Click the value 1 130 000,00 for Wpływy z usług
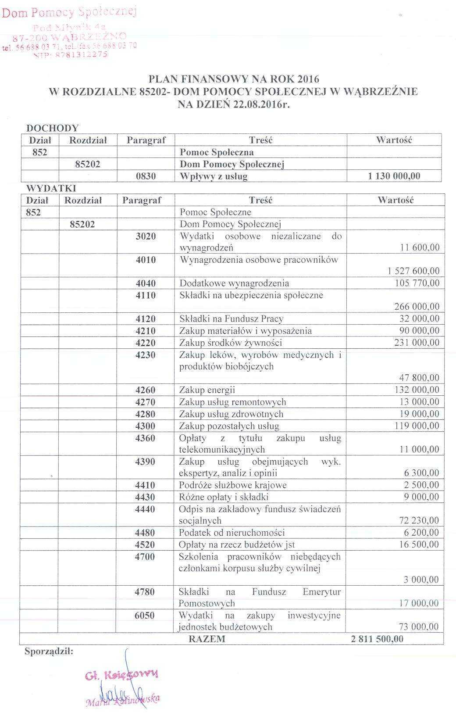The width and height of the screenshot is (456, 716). pos(394,176)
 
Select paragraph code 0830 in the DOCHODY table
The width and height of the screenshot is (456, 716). pos(146,176)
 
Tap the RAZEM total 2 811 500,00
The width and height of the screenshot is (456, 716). pos(377,639)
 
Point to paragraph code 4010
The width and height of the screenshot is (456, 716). pos(146,260)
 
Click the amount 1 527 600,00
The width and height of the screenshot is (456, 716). pos(413,271)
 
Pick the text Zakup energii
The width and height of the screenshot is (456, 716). pos(207,390)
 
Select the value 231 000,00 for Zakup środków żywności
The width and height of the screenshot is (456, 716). pos(417,343)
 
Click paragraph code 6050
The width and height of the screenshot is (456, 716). pos(145,616)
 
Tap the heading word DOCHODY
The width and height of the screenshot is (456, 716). pos(52,128)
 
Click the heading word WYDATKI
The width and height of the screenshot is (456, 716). pos(51,188)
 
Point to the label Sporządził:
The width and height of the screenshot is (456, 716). pos(49,651)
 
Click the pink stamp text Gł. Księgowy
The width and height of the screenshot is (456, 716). pos(121,675)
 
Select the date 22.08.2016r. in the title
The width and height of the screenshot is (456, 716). pos(261,104)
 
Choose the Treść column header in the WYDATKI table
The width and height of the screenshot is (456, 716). pos(260,200)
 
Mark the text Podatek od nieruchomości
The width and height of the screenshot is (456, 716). pos(232,533)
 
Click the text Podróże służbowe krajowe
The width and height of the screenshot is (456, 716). pos(232,485)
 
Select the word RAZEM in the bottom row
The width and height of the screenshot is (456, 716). pos(207,639)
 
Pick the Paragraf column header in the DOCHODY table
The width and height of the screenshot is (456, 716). pos(146,140)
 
